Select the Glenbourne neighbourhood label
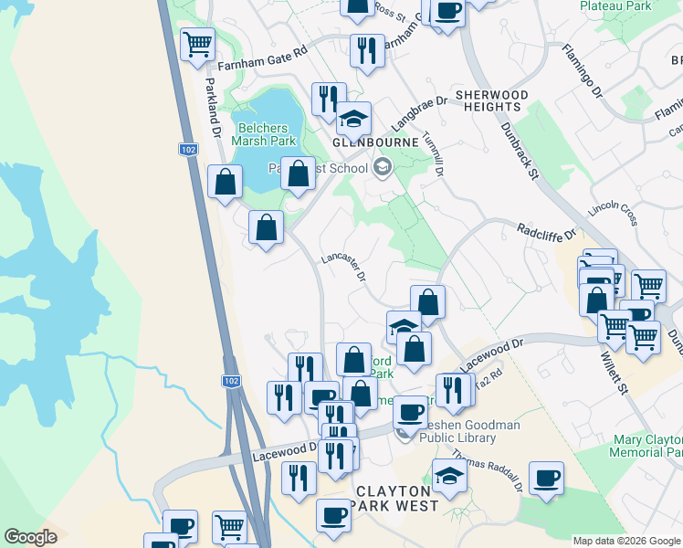coord(375,143)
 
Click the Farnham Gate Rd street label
coord(260,60)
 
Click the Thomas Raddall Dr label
coord(487,471)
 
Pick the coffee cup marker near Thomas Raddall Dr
coord(546,478)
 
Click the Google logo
coord(32,537)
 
